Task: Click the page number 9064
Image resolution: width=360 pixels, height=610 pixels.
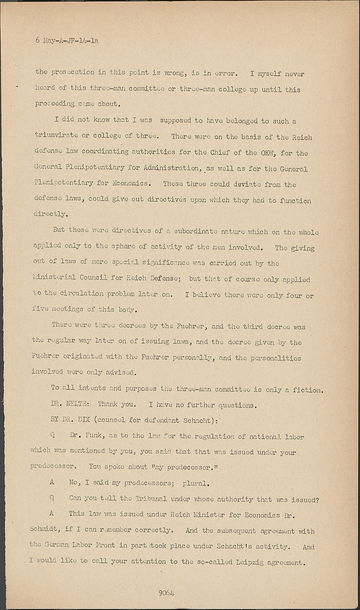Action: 166,593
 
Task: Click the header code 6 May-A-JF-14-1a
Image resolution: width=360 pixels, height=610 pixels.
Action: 67,41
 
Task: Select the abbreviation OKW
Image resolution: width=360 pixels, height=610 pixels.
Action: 263,153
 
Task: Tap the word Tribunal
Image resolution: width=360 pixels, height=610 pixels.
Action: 149,499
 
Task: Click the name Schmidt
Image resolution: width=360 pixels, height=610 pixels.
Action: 44,531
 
